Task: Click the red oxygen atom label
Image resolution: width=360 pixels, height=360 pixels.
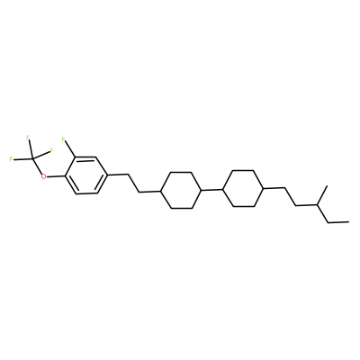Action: (x=44, y=176)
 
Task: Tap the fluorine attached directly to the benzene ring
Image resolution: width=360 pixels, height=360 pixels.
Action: (x=63, y=139)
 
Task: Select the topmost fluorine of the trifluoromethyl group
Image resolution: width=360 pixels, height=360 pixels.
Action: (x=28, y=138)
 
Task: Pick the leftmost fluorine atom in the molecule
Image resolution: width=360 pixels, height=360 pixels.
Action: (x=11, y=159)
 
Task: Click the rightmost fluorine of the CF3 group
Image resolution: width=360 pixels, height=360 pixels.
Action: (x=51, y=150)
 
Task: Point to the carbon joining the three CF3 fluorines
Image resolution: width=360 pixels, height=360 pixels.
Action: (x=33, y=158)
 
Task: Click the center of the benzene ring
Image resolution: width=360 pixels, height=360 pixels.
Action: (x=86, y=175)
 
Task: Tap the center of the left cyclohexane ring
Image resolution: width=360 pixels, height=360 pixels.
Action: (x=181, y=190)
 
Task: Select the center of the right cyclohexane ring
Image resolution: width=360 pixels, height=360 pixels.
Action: (x=243, y=188)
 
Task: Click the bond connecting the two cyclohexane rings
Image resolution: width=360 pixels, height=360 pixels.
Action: (x=212, y=190)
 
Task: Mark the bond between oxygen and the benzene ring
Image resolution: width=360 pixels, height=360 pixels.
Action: (x=56, y=176)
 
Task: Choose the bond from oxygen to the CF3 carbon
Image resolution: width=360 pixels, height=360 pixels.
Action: (x=38, y=166)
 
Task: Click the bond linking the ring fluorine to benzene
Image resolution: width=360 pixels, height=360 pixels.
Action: (x=69, y=149)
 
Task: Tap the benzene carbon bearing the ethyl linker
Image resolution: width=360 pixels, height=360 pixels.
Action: (x=107, y=175)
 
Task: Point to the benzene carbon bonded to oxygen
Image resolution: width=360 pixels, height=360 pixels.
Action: (x=65, y=175)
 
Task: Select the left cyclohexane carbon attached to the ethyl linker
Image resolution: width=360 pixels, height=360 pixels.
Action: (x=160, y=191)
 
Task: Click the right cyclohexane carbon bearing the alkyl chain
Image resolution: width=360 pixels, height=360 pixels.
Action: (x=264, y=188)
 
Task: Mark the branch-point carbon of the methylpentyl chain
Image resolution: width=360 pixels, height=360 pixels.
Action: (x=318, y=204)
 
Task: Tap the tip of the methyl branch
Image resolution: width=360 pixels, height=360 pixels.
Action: (x=328, y=186)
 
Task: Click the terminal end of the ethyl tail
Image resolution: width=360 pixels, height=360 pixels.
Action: (x=348, y=222)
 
